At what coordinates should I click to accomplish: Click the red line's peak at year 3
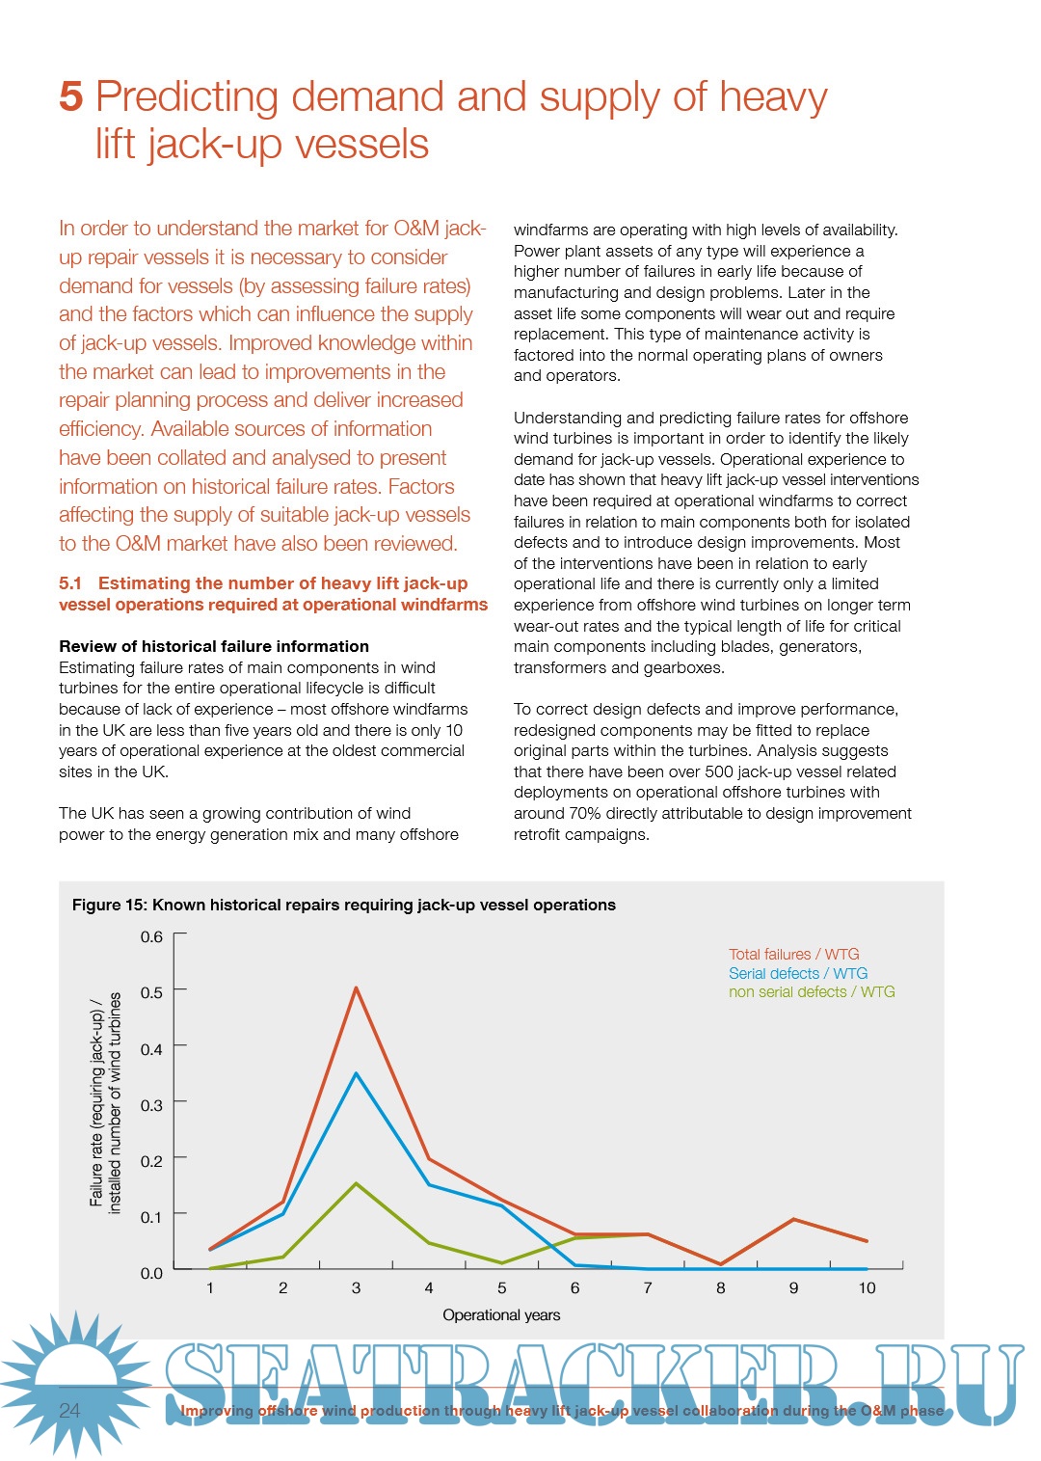tap(356, 988)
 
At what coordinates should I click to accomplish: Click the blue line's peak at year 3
tap(356, 1073)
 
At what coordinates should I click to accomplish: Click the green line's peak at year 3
tap(356, 1183)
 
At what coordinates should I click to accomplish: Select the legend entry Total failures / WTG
tap(793, 954)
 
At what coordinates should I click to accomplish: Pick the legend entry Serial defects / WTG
tap(797, 973)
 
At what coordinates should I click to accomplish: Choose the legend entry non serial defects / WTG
tap(811, 991)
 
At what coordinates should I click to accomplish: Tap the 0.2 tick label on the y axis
tap(151, 1160)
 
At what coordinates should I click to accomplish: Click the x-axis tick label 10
tap(867, 1287)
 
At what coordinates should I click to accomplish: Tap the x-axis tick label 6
tap(574, 1287)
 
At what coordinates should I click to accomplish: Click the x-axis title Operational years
tap(501, 1314)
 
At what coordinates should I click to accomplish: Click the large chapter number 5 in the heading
tap(70, 96)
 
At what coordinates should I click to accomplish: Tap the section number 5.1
tap(70, 583)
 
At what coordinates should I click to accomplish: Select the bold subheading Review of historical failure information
tap(214, 646)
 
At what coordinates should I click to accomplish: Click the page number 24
tap(69, 1410)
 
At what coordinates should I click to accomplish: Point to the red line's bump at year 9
tap(793, 1220)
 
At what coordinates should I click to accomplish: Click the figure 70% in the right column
tap(584, 813)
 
